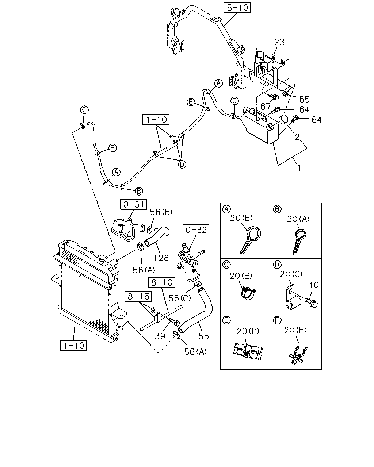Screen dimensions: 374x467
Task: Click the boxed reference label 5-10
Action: pyautogui.click(x=237, y=8)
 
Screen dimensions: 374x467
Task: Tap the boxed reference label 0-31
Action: pyautogui.click(x=134, y=204)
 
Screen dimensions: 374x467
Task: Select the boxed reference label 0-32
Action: pyautogui.click(x=196, y=230)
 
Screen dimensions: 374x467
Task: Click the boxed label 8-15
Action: pyautogui.click(x=138, y=296)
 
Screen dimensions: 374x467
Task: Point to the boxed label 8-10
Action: pyautogui.click(x=162, y=282)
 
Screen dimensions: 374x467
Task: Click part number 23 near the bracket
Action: pyautogui.click(x=279, y=42)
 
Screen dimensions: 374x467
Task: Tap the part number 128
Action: pyautogui.click(x=161, y=258)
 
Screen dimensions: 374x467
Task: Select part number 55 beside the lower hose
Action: pyautogui.click(x=203, y=336)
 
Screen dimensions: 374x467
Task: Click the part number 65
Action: pyautogui.click(x=304, y=99)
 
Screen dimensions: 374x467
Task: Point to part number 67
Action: pyautogui.click(x=266, y=106)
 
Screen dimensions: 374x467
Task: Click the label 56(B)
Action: pyautogui.click(x=161, y=212)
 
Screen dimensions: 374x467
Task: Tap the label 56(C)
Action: pyautogui.click(x=179, y=298)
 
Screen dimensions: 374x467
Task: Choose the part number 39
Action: pyautogui.click(x=160, y=336)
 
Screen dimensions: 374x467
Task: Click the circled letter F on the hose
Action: pyautogui.click(x=112, y=148)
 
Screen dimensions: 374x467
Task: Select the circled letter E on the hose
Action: pyautogui.click(x=191, y=102)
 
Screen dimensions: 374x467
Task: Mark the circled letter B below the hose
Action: pyautogui.click(x=139, y=191)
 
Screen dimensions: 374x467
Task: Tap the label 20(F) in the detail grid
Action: pyautogui.click(x=295, y=330)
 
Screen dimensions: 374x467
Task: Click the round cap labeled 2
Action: pyautogui.click(x=283, y=119)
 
